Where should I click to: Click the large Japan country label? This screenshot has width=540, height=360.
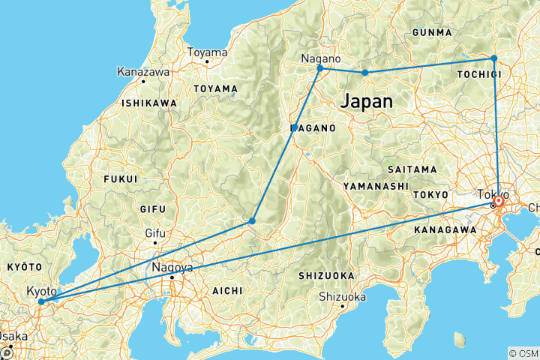(366, 101)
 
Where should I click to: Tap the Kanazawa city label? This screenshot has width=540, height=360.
(142, 72)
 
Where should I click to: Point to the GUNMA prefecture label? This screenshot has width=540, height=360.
(432, 33)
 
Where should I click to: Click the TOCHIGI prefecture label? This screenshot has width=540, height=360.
(478, 75)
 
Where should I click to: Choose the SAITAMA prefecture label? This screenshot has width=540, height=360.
(413, 169)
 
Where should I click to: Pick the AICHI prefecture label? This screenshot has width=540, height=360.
(226, 290)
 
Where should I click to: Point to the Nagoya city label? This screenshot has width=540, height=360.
(172, 267)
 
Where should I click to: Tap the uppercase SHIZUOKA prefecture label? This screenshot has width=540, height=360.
(326, 275)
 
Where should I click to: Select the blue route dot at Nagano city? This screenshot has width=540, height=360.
(320, 68)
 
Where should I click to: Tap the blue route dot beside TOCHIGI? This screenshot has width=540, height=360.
(493, 58)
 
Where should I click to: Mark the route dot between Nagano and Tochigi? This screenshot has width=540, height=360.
(365, 73)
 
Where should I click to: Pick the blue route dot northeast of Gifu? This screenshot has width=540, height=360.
(252, 220)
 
